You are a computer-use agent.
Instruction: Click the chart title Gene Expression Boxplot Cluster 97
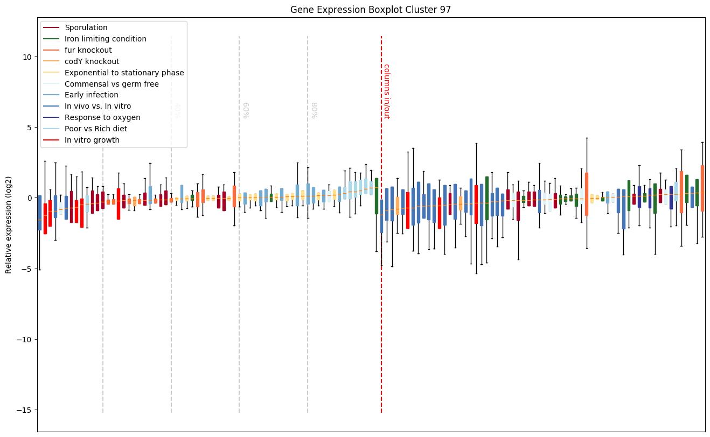(x=371, y=10)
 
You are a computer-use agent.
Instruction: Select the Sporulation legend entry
(x=86, y=27)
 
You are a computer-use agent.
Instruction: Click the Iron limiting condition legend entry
(x=106, y=39)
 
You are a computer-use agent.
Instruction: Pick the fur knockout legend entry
(x=88, y=50)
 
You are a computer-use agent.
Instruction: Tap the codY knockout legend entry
(x=92, y=61)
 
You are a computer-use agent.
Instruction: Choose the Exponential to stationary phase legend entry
(x=124, y=73)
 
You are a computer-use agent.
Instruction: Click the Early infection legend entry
(x=92, y=95)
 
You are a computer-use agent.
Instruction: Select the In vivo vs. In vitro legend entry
(x=98, y=106)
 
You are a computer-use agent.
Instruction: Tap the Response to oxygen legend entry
(x=102, y=117)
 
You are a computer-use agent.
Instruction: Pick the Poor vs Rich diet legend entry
(x=96, y=129)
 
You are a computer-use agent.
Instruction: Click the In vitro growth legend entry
(x=92, y=140)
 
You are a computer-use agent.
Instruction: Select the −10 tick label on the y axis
(x=25, y=340)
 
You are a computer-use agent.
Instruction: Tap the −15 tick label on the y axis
(x=25, y=410)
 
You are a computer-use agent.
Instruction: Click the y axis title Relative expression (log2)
(x=9, y=224)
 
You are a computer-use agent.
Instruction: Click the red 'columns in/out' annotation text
(x=386, y=91)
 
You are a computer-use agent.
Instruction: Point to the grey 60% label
(x=246, y=110)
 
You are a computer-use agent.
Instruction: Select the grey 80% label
(x=314, y=110)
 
